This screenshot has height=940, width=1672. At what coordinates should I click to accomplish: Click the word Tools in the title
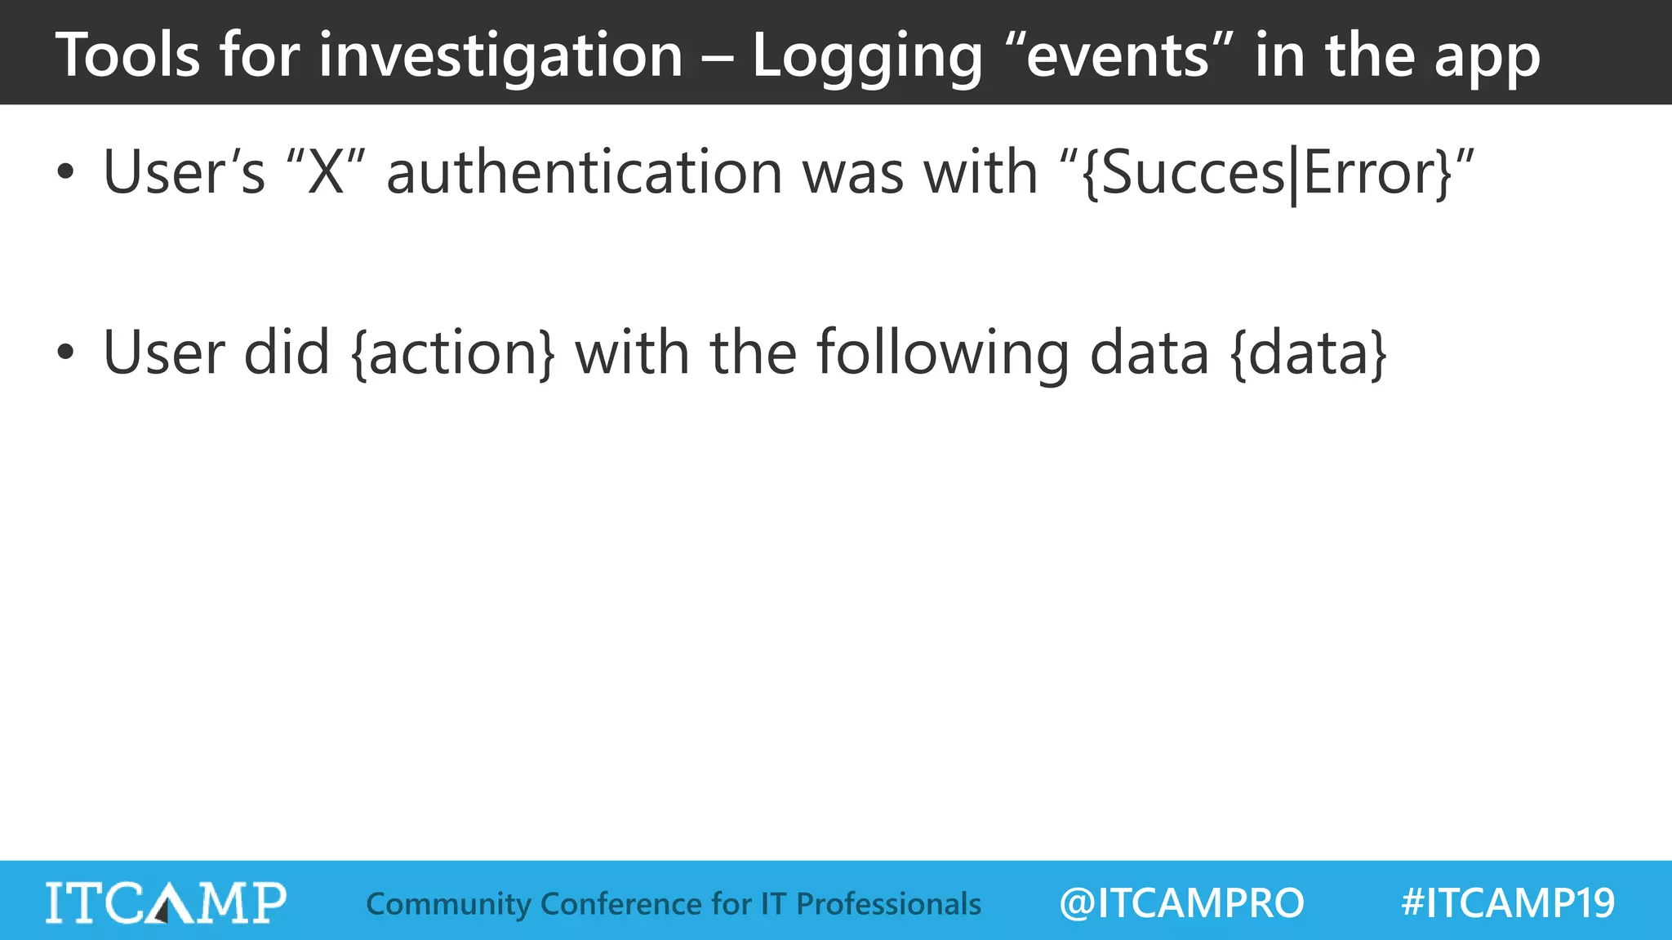coord(127,55)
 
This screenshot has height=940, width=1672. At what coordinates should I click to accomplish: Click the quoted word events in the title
coord(1118,55)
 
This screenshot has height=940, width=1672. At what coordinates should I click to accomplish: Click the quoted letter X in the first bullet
coord(326,173)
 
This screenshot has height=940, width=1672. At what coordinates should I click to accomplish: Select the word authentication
coord(585,173)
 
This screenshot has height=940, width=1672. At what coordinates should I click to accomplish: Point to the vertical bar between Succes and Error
coord(1294,175)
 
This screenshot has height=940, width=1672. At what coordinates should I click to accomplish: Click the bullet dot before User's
coord(65,173)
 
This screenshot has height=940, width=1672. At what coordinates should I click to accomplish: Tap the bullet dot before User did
coord(65,352)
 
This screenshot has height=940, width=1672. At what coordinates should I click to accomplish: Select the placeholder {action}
coord(453,353)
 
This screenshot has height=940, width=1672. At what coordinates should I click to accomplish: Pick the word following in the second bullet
coord(943,353)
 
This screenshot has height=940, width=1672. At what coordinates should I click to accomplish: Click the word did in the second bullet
coord(287,352)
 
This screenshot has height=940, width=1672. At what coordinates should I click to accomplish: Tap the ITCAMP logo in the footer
coord(166,902)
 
